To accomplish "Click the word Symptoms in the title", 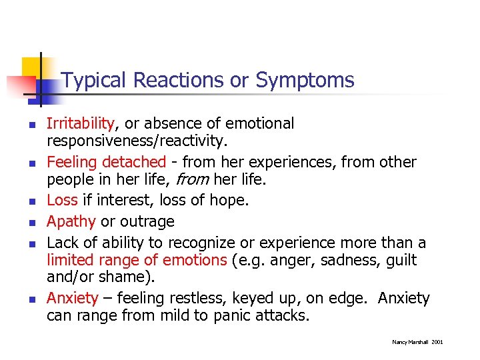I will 305,81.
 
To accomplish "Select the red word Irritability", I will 80,123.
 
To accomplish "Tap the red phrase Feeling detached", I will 105,162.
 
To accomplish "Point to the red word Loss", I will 62,201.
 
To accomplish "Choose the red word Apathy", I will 71,221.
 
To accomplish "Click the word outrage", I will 147,221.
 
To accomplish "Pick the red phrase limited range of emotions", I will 137,260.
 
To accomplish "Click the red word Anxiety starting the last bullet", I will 72,299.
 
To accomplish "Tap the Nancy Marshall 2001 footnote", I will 417,342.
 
